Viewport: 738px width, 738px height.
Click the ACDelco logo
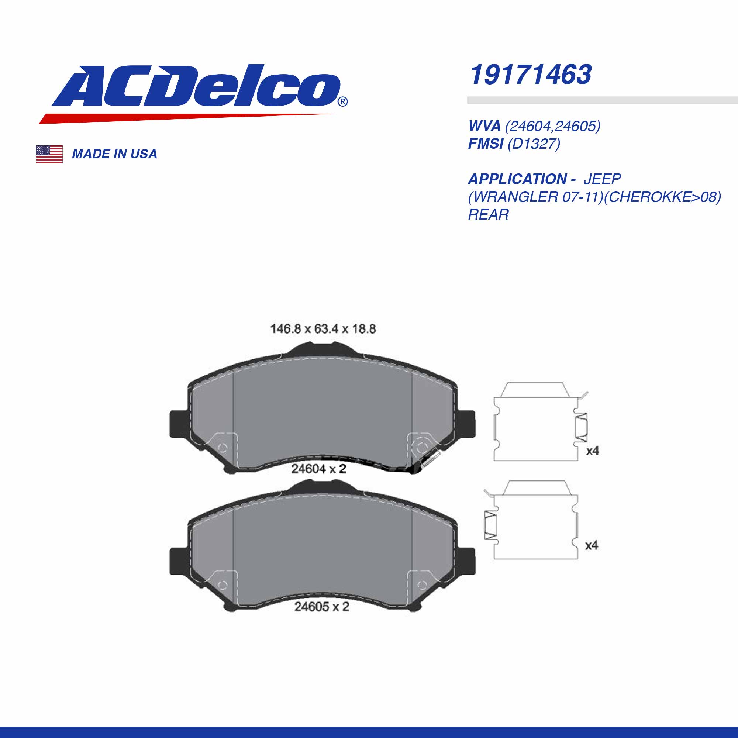(x=195, y=92)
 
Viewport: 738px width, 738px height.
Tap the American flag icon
(x=49, y=154)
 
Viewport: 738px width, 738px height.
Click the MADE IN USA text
(x=115, y=154)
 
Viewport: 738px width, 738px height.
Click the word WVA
(x=484, y=126)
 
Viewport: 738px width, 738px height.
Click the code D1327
(x=534, y=144)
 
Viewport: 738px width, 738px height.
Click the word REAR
(x=489, y=215)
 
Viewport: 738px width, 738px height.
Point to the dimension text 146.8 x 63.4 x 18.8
(x=323, y=329)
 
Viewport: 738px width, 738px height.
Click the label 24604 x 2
(x=318, y=469)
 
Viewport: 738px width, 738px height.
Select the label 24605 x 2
(x=322, y=607)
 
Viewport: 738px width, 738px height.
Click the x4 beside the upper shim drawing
(x=593, y=451)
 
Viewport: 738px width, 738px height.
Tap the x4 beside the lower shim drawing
(x=591, y=545)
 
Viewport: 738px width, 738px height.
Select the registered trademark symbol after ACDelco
(x=343, y=101)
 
